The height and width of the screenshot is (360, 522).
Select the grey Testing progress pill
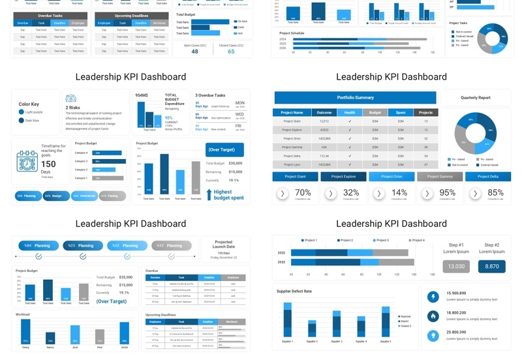[x=113, y=196]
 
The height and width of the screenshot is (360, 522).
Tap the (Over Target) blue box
[x=224, y=149]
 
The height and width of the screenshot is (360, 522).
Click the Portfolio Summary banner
[x=355, y=98]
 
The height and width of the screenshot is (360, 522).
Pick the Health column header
[x=350, y=112]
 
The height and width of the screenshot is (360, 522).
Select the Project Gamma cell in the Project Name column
[x=292, y=147]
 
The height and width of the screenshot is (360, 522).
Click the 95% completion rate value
[x=448, y=192]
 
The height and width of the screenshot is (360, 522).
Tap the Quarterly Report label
[x=475, y=98]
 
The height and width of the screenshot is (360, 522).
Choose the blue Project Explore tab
[x=343, y=177]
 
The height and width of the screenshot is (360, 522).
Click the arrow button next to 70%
[x=282, y=193]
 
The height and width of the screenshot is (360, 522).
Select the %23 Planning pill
[x=83, y=246]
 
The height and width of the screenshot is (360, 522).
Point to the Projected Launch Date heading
[x=223, y=244]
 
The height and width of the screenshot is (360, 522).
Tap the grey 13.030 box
[x=456, y=266]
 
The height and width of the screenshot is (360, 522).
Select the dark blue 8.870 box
[x=491, y=266]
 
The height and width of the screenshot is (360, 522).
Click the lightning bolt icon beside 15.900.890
[x=433, y=297]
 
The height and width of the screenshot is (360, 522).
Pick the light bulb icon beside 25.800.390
[x=433, y=336]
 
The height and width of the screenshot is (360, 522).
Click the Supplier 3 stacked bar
[x=336, y=324]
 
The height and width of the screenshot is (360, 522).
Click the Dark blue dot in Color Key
[x=22, y=120]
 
